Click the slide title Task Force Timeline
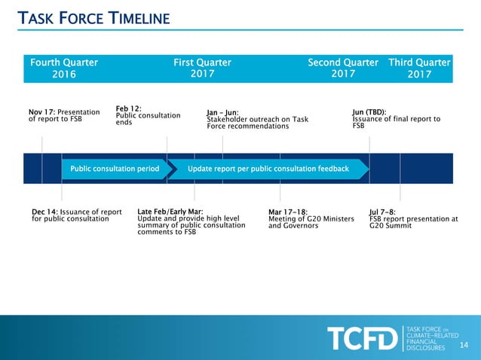click(93, 18)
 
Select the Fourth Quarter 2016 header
click(64, 68)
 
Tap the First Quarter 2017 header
click(202, 68)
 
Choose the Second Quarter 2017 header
click(343, 68)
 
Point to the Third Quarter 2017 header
click(419, 68)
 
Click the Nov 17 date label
click(39, 113)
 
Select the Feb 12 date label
click(127, 108)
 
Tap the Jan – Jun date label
click(222, 113)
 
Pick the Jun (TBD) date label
click(369, 112)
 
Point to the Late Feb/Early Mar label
click(170, 212)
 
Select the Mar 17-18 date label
click(288, 212)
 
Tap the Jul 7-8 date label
click(382, 212)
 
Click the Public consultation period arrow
click(115, 169)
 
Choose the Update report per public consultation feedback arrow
click(268, 169)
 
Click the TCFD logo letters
click(362, 338)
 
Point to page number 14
click(464, 345)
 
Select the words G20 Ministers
click(323, 218)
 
